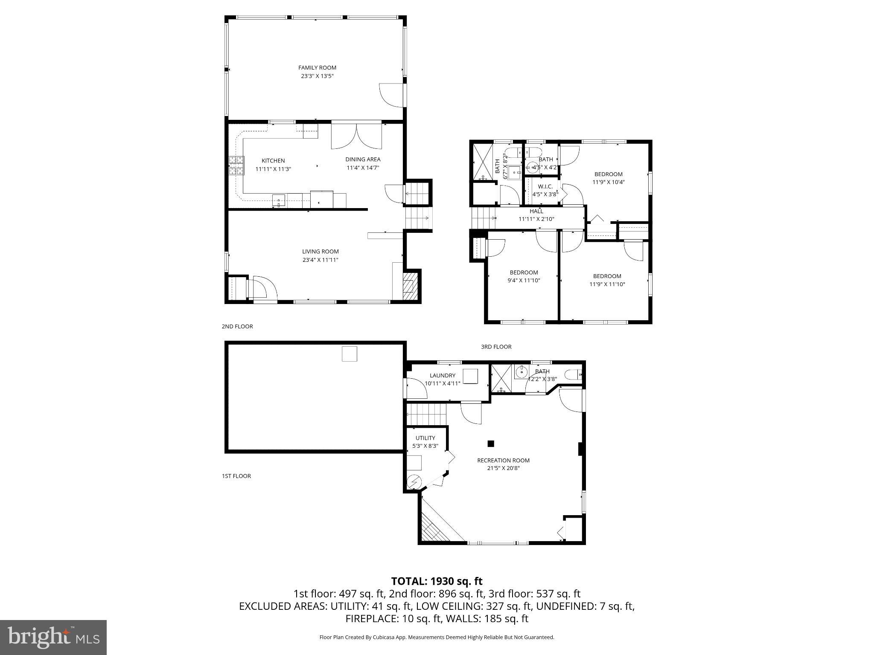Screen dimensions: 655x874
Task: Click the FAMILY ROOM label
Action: tap(317, 67)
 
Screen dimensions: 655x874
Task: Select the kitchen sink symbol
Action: tap(278, 200)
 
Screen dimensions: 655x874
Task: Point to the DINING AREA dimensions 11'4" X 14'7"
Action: tap(363, 168)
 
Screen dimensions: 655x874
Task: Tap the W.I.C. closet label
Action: tap(545, 186)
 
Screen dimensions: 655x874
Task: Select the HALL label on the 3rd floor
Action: tap(536, 211)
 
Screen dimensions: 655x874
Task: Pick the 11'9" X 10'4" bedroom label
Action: tap(608, 174)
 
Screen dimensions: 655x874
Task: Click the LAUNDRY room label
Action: tap(442, 375)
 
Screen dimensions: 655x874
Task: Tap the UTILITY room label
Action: tap(425, 438)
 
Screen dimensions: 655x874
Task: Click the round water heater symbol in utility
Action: tap(414, 482)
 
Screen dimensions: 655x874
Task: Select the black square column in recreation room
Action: tap(491, 443)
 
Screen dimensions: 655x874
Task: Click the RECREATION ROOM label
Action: tap(503, 460)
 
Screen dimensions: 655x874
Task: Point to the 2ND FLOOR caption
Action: tap(237, 326)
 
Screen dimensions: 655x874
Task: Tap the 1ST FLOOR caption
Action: tap(236, 476)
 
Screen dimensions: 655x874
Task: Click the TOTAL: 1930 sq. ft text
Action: tap(437, 581)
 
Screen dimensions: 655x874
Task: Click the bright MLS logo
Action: tap(53, 637)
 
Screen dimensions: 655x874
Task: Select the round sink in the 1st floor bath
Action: tap(520, 372)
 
